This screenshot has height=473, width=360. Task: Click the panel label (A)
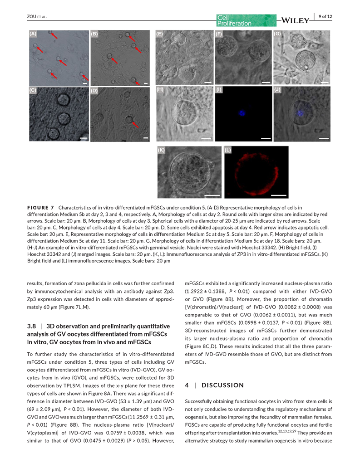tap(33, 34)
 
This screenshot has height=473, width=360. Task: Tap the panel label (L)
tap(228, 150)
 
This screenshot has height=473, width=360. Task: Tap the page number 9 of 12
tap(325, 17)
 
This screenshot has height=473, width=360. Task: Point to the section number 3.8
tap(32, 326)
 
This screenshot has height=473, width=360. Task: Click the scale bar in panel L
tap(279, 195)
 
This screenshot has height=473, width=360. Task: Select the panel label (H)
tap(160, 90)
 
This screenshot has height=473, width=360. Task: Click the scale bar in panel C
tap(84, 137)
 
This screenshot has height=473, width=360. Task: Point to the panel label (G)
tap(278, 34)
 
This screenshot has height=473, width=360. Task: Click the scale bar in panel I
tap(266, 138)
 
